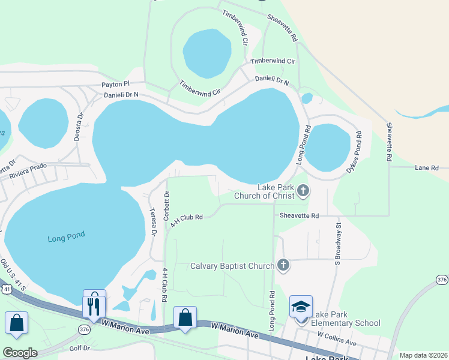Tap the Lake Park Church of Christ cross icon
click(x=303, y=191)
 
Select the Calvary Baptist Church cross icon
click(x=283, y=265)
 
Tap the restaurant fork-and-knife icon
click(x=94, y=306)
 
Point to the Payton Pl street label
click(x=115, y=85)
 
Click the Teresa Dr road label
click(x=153, y=221)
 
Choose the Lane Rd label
click(x=427, y=168)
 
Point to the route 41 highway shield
click(x=6, y=290)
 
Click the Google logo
click(x=20, y=352)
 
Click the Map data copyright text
click(x=423, y=355)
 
